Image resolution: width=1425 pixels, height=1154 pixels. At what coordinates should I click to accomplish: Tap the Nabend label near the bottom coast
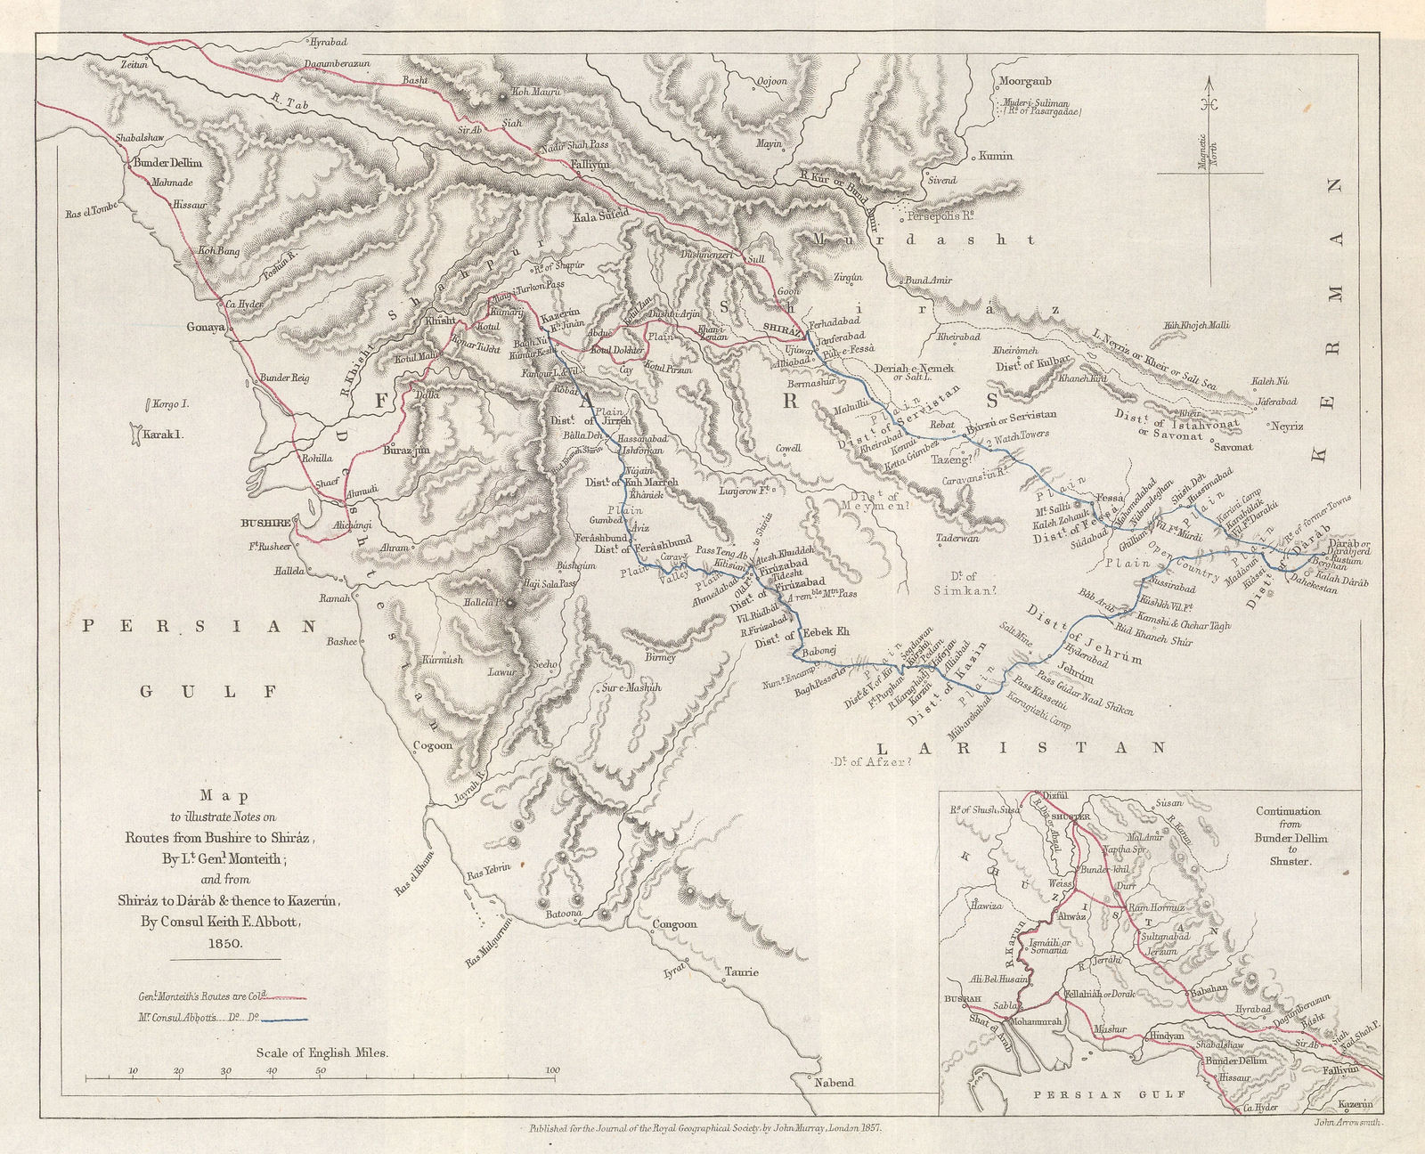click(x=834, y=1084)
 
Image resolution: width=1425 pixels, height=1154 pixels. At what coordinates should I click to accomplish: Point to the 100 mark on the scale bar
click(x=552, y=1070)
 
